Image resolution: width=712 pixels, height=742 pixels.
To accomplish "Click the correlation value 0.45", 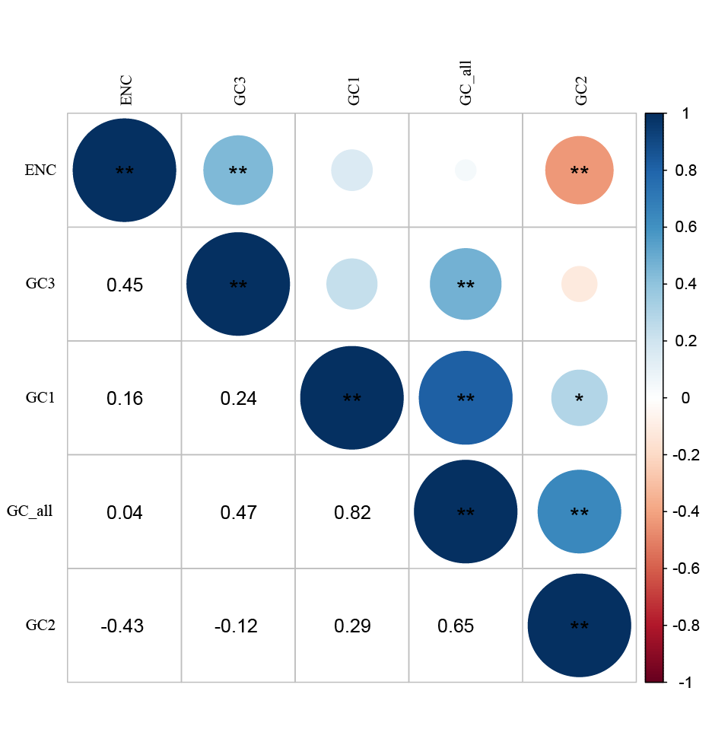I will [125, 285].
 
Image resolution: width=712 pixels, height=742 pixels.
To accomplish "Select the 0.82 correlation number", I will [352, 512].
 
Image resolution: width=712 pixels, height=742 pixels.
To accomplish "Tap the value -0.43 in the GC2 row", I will [122, 626].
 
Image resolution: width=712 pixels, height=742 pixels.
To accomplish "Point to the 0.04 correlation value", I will [125, 512].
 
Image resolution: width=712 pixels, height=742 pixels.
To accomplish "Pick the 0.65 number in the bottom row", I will [456, 626].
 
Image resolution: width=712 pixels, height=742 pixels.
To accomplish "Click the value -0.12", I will [236, 626].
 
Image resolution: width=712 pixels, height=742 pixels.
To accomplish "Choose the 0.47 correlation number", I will [238, 512].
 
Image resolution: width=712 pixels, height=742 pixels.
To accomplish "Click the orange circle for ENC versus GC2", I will [579, 170].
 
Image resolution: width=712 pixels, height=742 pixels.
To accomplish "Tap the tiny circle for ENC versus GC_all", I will [466, 170].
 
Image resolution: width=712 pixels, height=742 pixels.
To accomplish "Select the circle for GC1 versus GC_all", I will [466, 398].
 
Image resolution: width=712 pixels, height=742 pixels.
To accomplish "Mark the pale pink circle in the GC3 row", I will [579, 285].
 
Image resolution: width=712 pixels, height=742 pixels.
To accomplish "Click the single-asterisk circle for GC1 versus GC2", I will [579, 398].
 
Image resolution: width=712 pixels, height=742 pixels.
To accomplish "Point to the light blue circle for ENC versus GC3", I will [238, 170].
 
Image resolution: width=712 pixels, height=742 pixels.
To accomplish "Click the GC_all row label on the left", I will [30, 511].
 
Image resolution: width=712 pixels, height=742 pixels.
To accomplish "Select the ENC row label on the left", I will [40, 170].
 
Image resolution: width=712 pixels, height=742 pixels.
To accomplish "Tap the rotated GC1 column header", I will [353, 90].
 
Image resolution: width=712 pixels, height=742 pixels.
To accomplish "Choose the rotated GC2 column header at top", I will [580, 90].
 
